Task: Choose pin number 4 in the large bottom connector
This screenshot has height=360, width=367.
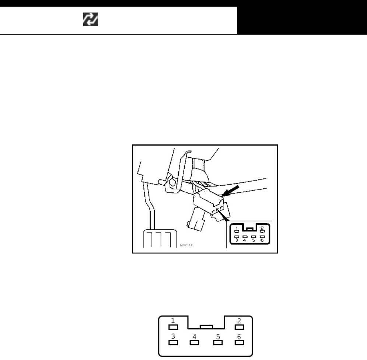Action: [x=194, y=336]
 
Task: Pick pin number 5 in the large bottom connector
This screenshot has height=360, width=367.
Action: [x=218, y=336]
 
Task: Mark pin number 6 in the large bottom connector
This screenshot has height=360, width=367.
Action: [x=239, y=336]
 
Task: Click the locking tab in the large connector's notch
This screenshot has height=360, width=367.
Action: [x=206, y=326]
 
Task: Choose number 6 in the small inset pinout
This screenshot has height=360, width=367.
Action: [x=262, y=240]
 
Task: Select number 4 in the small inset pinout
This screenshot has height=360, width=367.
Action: [x=245, y=240]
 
